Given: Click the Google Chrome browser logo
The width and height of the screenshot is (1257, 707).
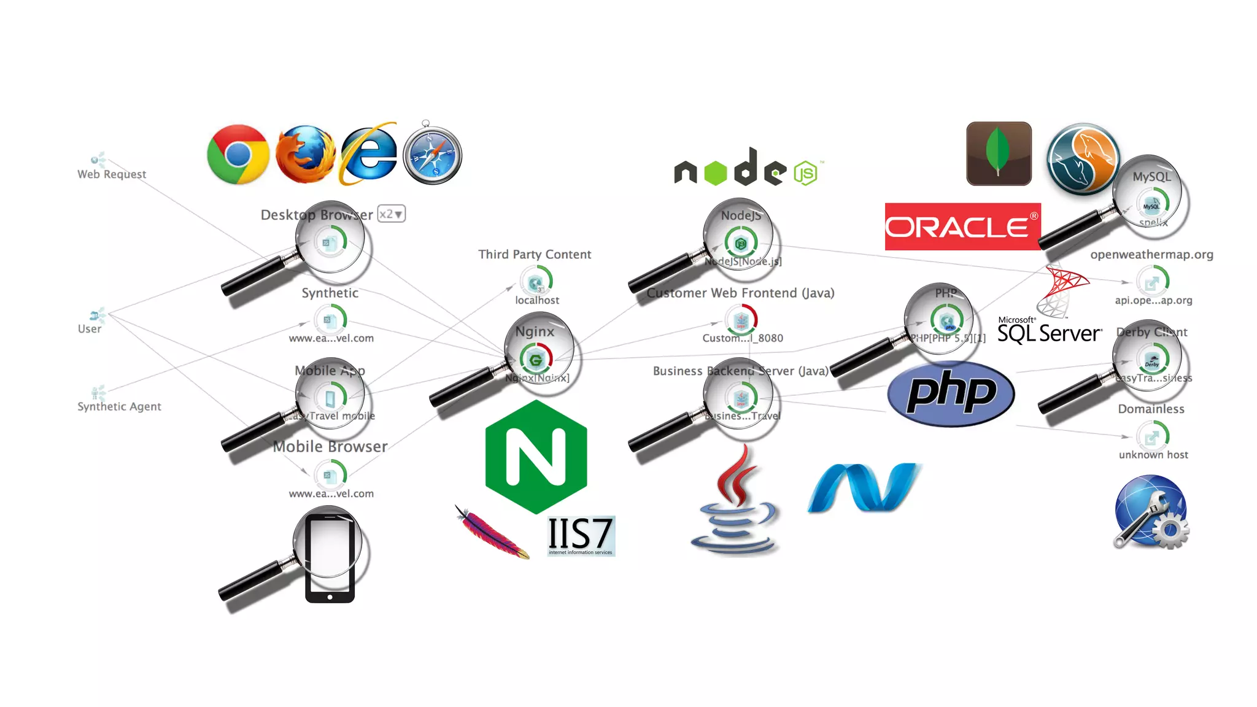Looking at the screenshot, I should coord(238,154).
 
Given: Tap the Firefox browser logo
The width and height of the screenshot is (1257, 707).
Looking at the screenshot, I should coord(305,154).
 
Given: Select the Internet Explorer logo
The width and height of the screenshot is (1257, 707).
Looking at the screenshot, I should coord(368,154).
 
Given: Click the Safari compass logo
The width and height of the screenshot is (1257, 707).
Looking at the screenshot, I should coord(433,154).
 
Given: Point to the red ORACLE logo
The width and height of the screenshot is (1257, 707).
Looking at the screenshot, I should coord(962,226).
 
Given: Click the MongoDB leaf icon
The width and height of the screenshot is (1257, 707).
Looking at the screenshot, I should coord(999,153).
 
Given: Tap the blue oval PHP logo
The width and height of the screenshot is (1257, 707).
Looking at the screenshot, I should coord(951,393).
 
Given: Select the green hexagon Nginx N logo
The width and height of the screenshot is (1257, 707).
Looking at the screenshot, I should coord(536,457).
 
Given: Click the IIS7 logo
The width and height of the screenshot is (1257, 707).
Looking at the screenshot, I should coord(581,535).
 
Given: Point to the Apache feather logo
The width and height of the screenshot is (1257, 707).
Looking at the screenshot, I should coord(492,532).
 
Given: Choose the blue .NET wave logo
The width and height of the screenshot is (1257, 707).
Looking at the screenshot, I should coord(864,487).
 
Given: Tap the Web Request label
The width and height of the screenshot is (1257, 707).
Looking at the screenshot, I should coord(112,174).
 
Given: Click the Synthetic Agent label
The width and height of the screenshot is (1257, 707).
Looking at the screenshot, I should coord(119,406).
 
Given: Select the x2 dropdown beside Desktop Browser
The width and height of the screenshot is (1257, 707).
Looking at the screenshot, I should coord(391,214).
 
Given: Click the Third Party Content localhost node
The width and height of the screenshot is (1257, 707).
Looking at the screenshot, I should coord(536,282).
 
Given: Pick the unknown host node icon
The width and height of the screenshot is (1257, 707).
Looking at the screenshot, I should coord(1152,436).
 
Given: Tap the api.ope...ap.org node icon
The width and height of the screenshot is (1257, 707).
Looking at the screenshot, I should coord(1152,282).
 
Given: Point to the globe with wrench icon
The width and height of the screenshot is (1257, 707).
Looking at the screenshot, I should coord(1150,512).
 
